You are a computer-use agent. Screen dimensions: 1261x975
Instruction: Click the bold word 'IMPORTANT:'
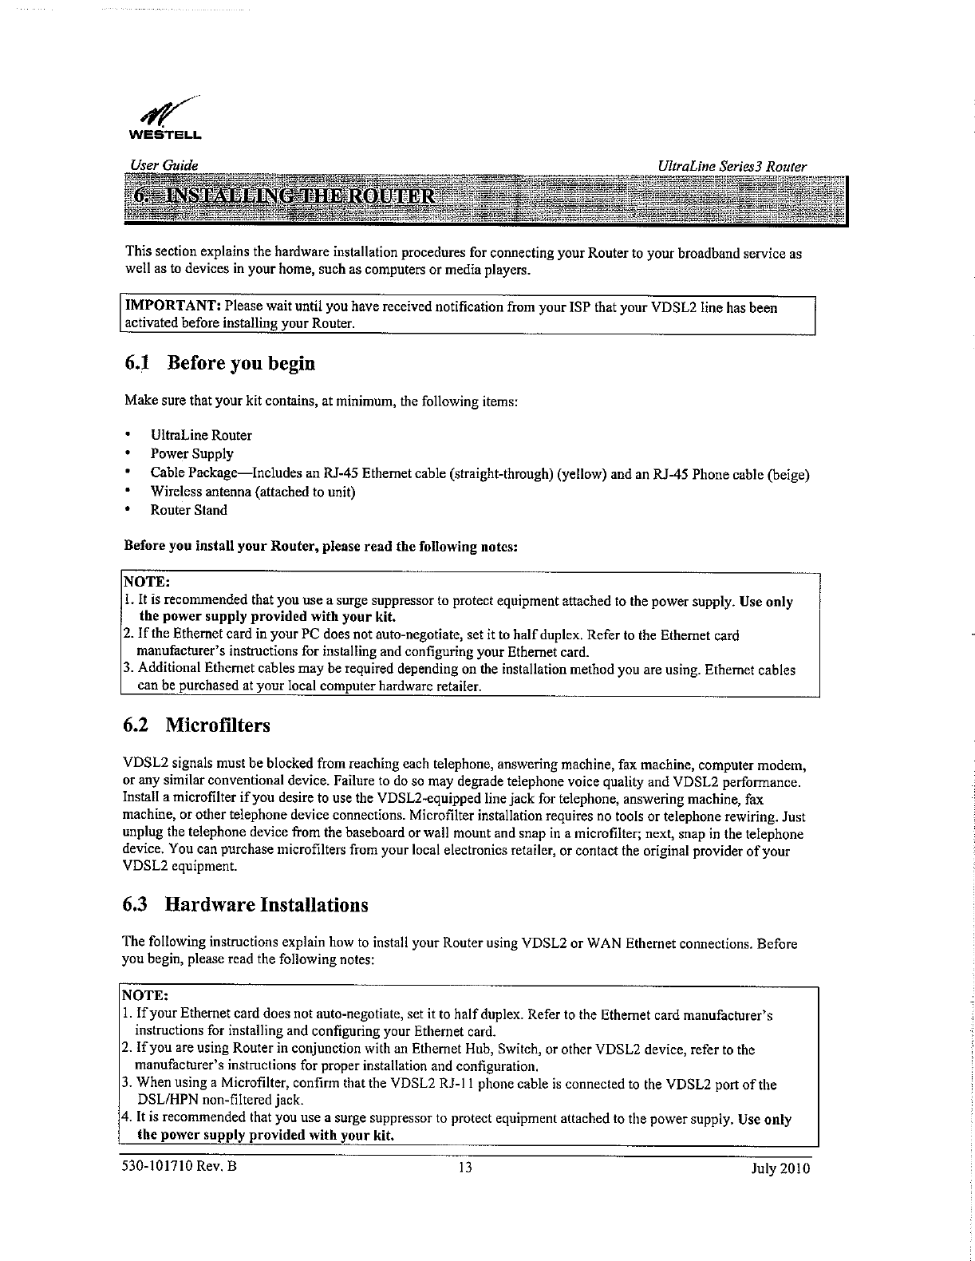point(169,307)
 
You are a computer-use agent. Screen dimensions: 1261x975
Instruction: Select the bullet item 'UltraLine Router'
point(201,435)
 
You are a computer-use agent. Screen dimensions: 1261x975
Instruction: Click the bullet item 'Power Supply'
point(192,454)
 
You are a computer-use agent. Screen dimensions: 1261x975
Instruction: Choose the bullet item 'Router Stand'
point(189,510)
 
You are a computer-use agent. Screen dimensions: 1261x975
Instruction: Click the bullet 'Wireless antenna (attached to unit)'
point(253,492)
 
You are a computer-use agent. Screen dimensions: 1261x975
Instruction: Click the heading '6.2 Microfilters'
point(196,725)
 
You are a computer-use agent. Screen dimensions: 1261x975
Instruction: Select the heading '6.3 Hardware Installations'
point(245,905)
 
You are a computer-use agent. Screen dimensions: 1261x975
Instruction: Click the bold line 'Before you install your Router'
point(322,547)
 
